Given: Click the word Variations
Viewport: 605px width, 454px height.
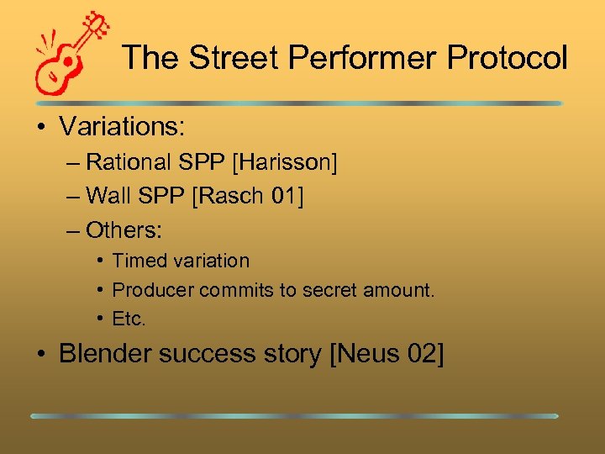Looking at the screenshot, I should [122, 127].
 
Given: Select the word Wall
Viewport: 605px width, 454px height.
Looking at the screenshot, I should [108, 196].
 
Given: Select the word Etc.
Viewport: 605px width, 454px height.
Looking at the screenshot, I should [129, 319].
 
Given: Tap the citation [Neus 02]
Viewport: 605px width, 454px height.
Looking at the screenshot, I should [387, 354].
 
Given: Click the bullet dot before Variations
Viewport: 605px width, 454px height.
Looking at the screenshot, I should [39, 128].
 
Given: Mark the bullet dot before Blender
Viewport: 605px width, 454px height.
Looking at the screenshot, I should [39, 355].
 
